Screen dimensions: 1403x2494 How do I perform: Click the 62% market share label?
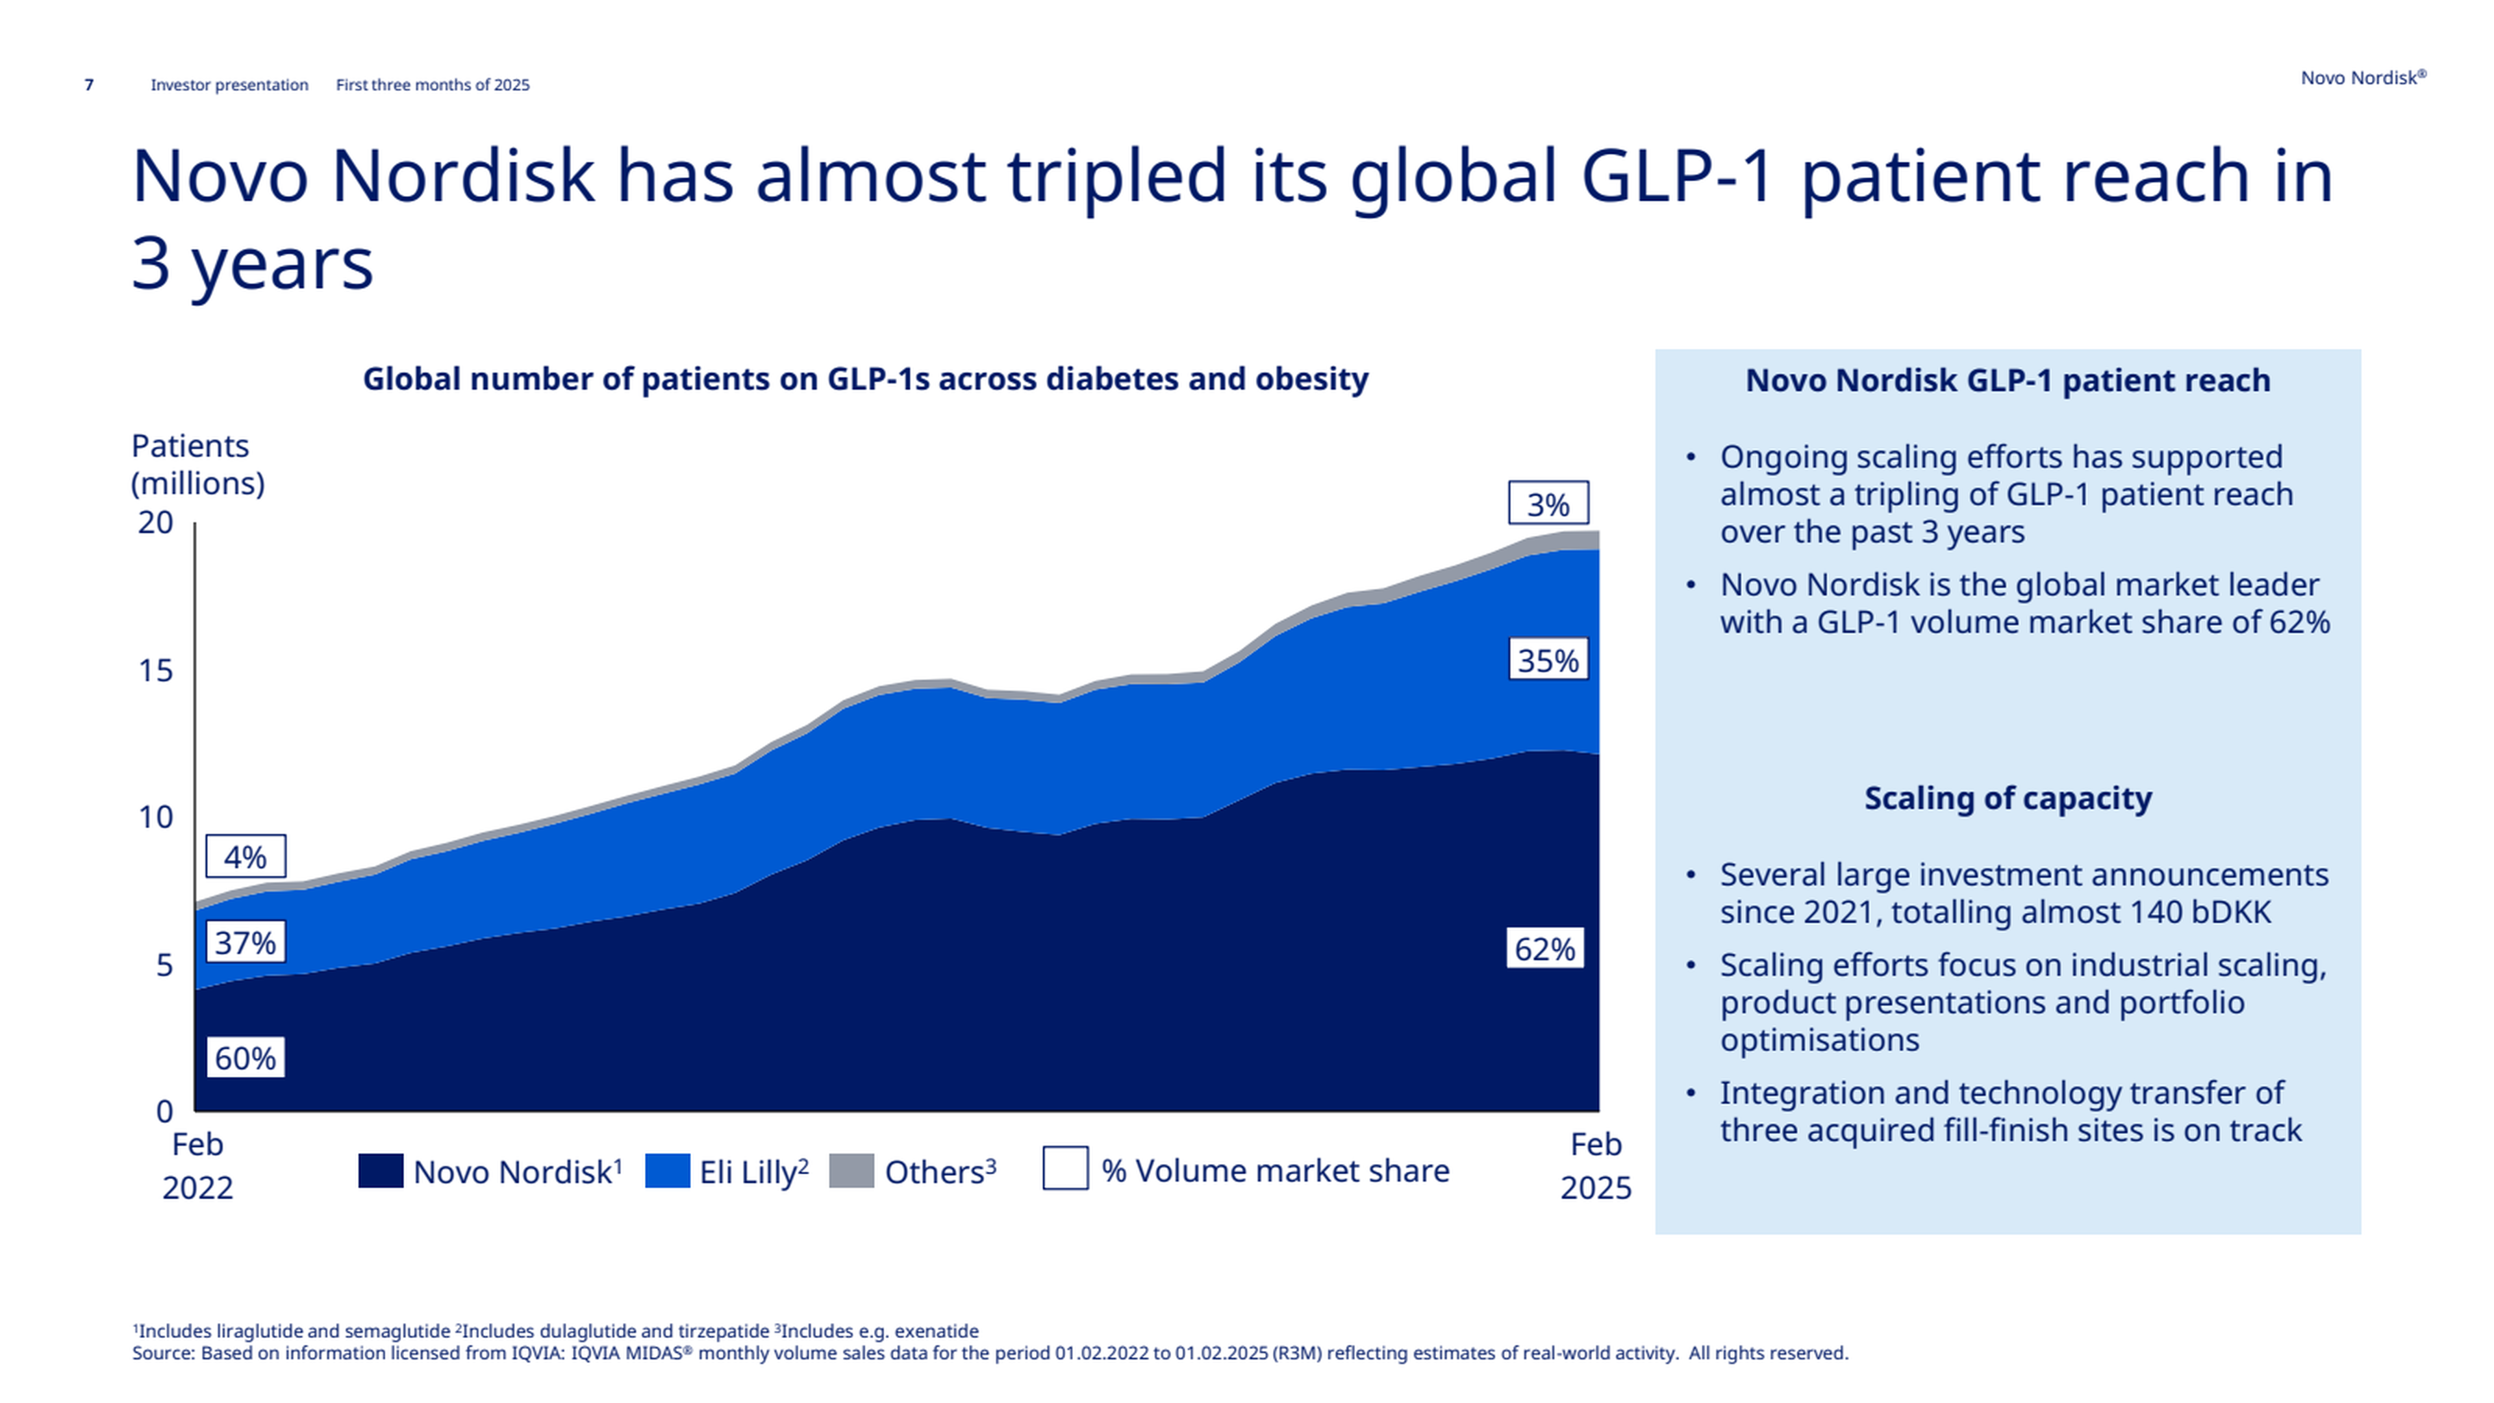(x=1544, y=949)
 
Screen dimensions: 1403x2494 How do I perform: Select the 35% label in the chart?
(x=1548, y=661)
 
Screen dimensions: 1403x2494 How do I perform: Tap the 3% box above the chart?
(x=1548, y=503)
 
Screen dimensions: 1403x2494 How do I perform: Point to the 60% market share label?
(x=245, y=1057)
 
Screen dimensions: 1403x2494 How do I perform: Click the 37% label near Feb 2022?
(x=245, y=942)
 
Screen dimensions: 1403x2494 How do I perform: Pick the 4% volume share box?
(x=245, y=856)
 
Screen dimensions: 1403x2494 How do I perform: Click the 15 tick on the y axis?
(x=155, y=670)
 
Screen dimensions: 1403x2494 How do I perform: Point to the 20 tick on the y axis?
(x=155, y=523)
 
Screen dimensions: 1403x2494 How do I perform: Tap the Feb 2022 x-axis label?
(x=197, y=1166)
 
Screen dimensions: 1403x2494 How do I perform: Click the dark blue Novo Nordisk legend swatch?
(x=381, y=1170)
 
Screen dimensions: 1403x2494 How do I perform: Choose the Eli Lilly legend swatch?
(x=667, y=1170)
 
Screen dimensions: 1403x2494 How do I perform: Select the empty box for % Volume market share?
(x=1065, y=1169)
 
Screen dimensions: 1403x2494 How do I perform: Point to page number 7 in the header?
(x=89, y=85)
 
